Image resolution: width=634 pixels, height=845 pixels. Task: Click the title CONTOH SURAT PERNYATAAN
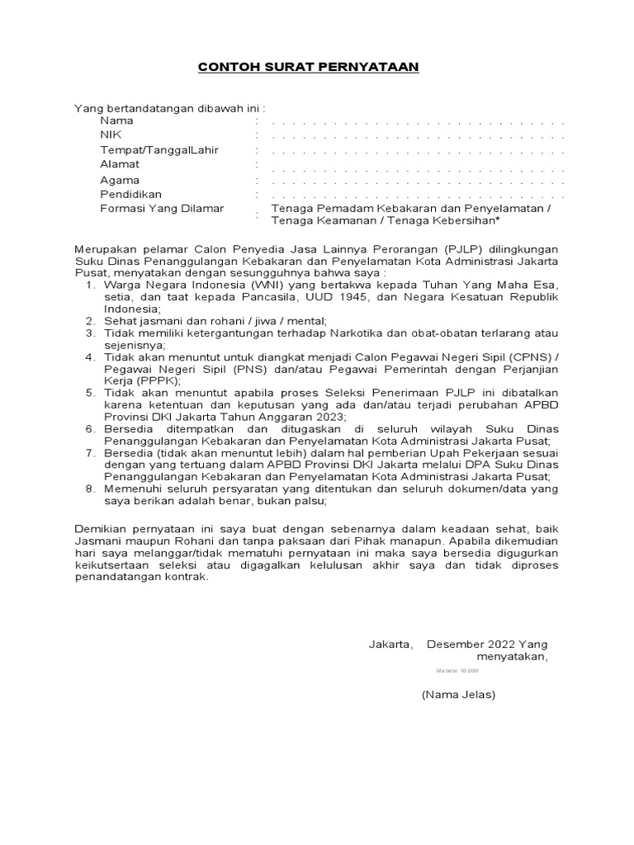tap(308, 67)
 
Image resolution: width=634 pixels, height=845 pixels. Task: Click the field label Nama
tap(116, 120)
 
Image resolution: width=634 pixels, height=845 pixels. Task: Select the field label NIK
tap(111, 135)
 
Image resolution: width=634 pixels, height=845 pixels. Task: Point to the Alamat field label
tap(120, 164)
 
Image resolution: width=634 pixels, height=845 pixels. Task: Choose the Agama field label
tap(120, 180)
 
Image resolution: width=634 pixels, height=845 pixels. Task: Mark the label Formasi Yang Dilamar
tap(162, 209)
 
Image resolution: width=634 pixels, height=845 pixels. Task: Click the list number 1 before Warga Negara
tap(90, 285)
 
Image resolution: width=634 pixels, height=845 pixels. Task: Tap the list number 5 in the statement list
tap(90, 394)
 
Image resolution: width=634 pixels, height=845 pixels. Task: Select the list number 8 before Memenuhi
tap(90, 489)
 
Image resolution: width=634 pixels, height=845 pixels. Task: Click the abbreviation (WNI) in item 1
tap(265, 285)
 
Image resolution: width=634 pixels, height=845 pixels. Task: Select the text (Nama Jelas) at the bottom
tap(458, 695)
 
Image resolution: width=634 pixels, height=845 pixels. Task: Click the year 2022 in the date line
tap(504, 644)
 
